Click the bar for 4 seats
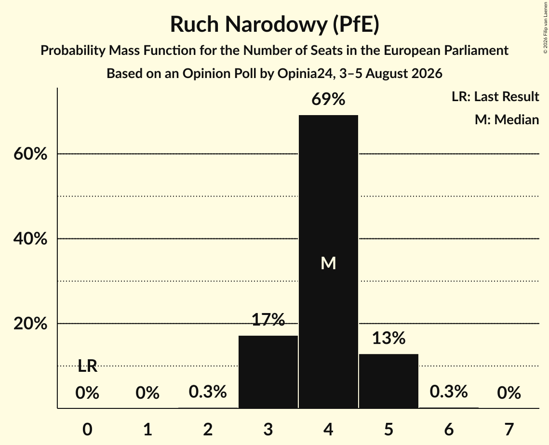pos(328,262)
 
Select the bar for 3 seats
pos(268,372)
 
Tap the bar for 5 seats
pos(388,381)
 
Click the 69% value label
pos(328,99)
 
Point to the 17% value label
pos(268,319)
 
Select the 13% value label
pos(388,338)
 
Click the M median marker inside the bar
pos(328,263)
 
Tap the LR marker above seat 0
pos(87,366)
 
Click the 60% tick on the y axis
pos(30,154)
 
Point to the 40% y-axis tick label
pos(30,238)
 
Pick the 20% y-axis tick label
pos(30,324)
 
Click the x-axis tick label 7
pos(509,429)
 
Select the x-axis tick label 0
pos(87,429)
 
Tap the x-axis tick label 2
pos(208,429)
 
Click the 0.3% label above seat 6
pos(449,392)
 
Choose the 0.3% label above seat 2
pos(208,392)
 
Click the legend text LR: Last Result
pos(495,96)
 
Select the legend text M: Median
pos(507,119)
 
